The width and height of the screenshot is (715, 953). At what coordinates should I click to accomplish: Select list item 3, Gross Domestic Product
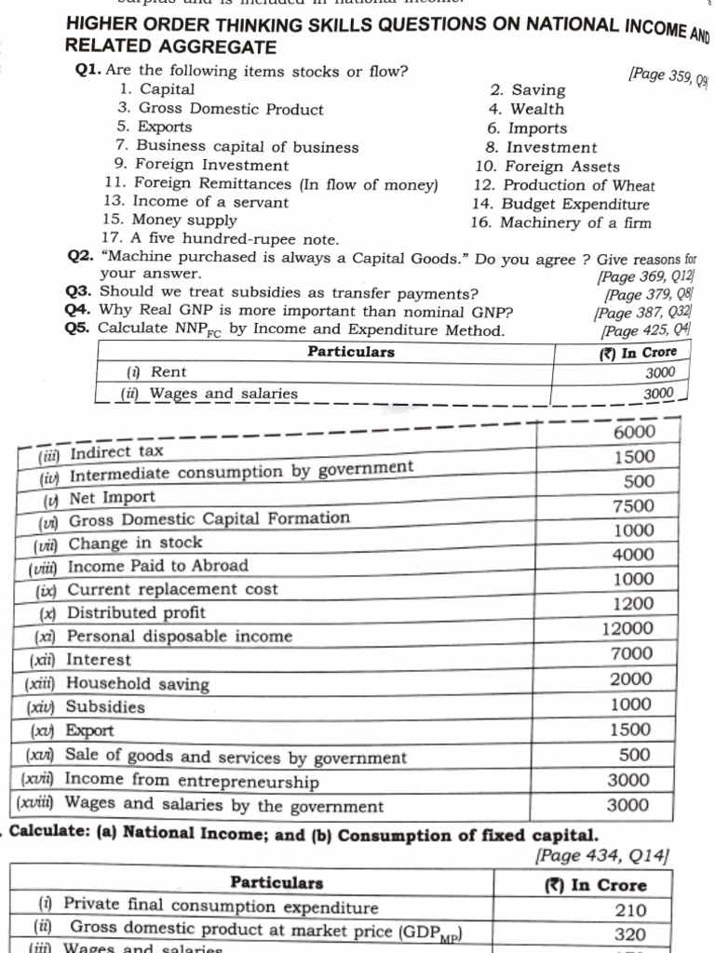click(220, 109)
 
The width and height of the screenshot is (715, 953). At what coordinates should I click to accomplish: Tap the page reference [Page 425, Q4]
click(646, 329)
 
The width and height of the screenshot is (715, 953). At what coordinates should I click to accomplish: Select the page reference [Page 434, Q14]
click(602, 854)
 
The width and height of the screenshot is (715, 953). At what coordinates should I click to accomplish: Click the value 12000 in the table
click(627, 628)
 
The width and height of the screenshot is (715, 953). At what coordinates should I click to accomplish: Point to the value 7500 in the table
click(633, 505)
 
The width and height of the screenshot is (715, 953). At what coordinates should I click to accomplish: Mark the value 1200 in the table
click(633, 603)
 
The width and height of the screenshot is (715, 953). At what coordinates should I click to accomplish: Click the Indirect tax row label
click(116, 452)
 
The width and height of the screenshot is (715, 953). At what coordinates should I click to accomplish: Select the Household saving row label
click(137, 684)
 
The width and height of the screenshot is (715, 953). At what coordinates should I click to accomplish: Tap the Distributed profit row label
click(136, 612)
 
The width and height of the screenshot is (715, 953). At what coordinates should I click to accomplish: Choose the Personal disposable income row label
click(179, 637)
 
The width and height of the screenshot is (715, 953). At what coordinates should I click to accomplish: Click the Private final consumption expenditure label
click(221, 907)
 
